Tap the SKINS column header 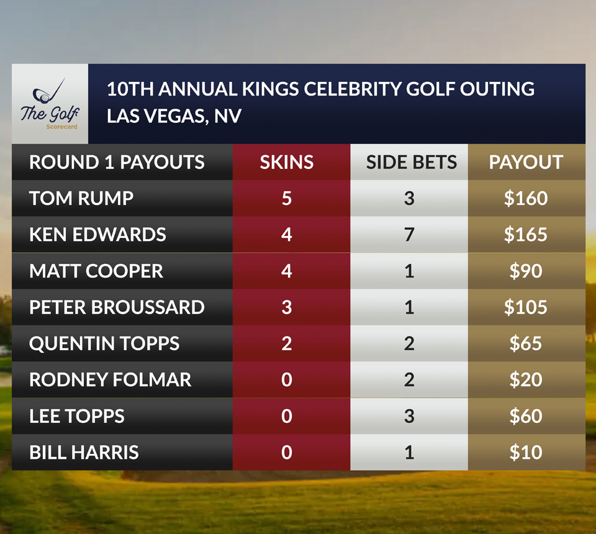pos(286,163)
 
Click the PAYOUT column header pos(526,163)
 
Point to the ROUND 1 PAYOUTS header pos(117,163)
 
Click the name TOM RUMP pos(81,199)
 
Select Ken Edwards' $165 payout pos(526,235)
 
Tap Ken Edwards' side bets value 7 pos(409,235)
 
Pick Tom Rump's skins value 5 pos(286,199)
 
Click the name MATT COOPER pos(96,271)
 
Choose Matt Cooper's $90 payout pos(526,271)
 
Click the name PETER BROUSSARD pos(117,307)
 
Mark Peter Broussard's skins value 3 pos(286,307)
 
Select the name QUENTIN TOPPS pos(104,343)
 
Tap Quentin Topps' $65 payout pos(526,343)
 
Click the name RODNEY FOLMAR pos(111,379)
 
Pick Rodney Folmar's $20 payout pos(526,379)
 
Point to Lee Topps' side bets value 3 pos(409,416)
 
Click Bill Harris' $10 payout pos(526,452)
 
